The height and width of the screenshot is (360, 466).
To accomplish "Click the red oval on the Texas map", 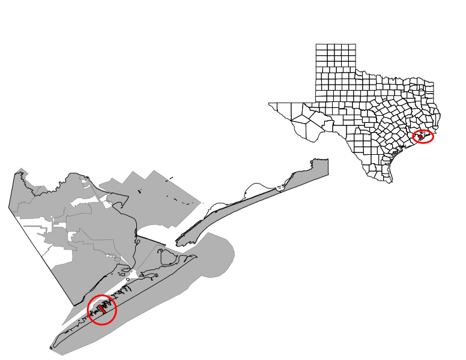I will coord(424,136).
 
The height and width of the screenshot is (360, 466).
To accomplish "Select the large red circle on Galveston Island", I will coord(102,310).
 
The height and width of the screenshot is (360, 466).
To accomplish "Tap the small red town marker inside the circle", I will coord(102,310).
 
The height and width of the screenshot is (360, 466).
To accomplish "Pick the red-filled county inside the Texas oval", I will coord(421,137).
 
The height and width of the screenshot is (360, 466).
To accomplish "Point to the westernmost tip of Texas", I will coord(270,103).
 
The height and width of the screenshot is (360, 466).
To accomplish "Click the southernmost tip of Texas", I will coord(392,182).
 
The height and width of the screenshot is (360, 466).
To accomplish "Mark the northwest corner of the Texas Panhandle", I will coord(316,44).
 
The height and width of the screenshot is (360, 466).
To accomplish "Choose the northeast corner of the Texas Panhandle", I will coord(354,44).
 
